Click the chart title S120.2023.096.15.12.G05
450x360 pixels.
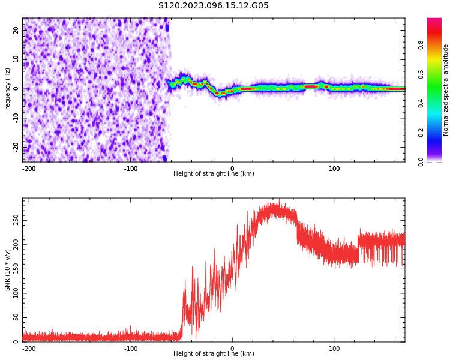point(214,6)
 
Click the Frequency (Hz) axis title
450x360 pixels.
point(8,90)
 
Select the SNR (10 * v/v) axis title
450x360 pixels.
point(8,270)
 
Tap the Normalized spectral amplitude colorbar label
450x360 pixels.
point(446,90)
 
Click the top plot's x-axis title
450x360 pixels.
point(214,174)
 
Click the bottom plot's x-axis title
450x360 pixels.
point(214,354)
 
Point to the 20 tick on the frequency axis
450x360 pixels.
point(17,30)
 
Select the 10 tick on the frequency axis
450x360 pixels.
point(17,59)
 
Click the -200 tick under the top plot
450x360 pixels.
point(28,169)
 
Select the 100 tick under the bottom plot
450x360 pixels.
point(334,349)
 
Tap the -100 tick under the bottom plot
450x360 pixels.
point(130,349)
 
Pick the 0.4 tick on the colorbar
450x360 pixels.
point(421,103)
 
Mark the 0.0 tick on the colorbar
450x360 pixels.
point(421,161)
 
